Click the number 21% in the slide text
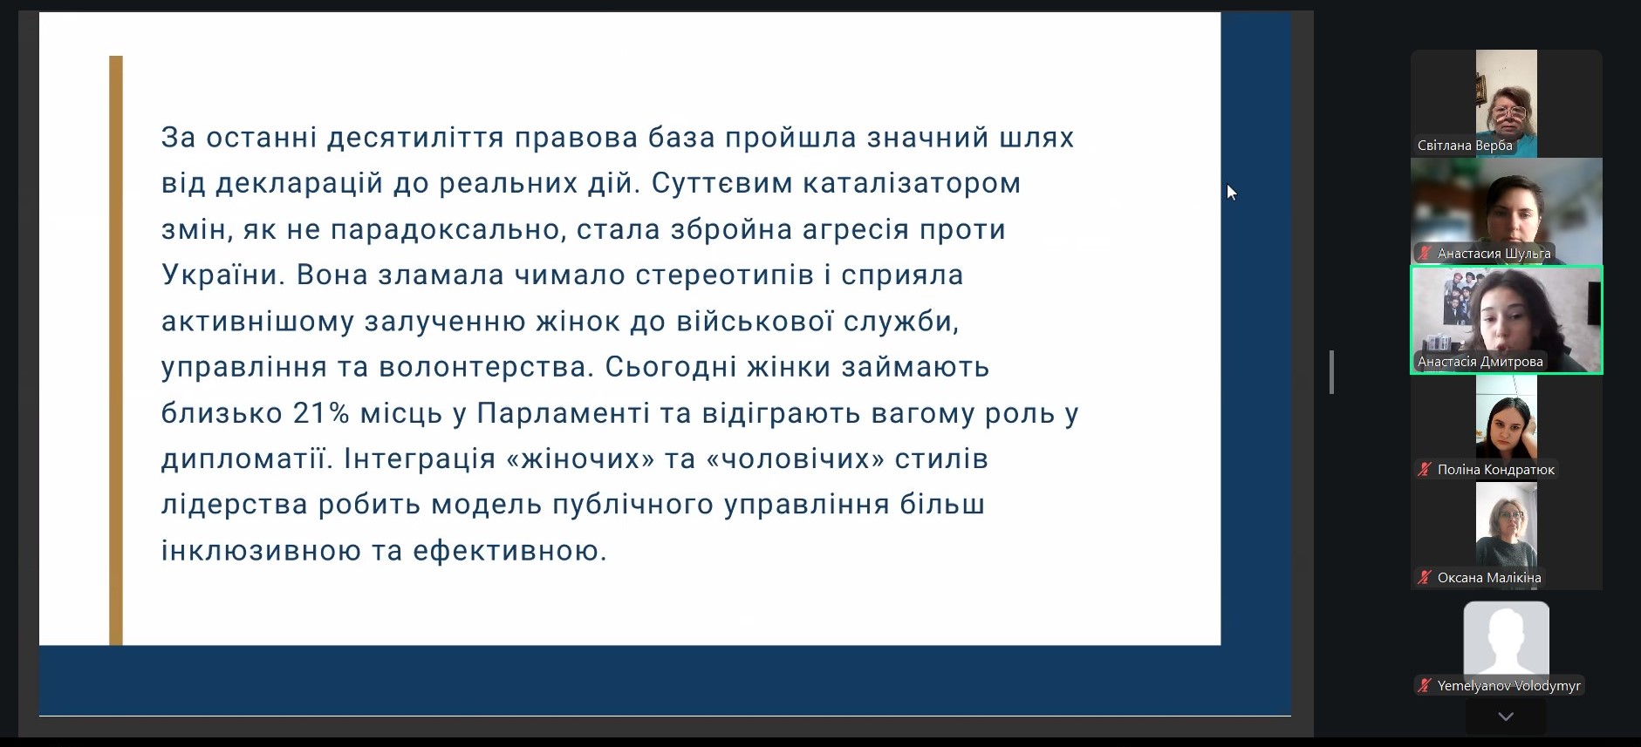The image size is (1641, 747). (x=321, y=413)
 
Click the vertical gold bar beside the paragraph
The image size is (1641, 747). (x=116, y=350)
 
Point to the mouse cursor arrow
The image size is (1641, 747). (x=1231, y=192)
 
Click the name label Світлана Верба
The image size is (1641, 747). (x=1465, y=146)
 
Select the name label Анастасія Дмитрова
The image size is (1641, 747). (x=1480, y=362)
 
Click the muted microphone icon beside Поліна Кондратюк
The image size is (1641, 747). (x=1425, y=470)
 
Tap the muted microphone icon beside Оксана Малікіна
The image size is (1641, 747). (x=1425, y=578)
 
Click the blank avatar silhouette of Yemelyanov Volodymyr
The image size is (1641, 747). (x=1507, y=639)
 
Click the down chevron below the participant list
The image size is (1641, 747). (x=1506, y=716)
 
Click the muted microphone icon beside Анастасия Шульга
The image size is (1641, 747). (x=1425, y=254)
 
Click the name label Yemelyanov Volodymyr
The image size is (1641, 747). (x=1509, y=686)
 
